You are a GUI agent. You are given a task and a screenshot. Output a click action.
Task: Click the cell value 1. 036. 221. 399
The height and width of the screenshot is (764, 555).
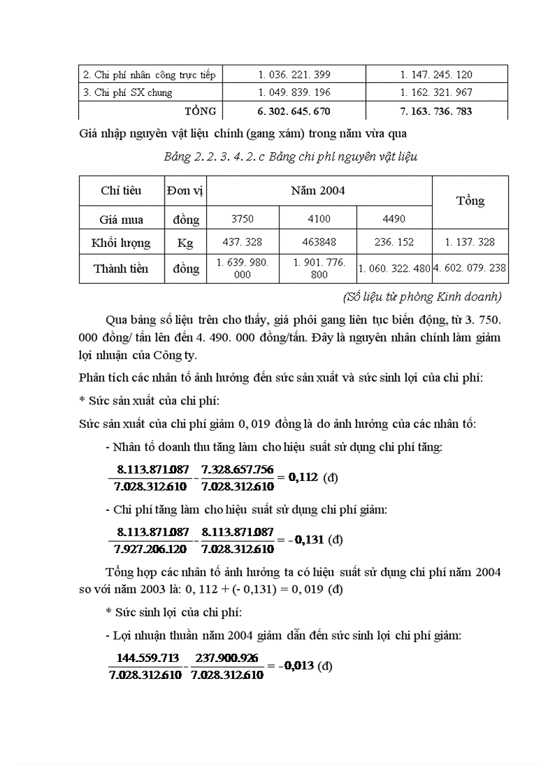pyautogui.click(x=294, y=75)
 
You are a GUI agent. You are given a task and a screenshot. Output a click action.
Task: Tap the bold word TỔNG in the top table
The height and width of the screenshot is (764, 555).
pyautogui.click(x=200, y=111)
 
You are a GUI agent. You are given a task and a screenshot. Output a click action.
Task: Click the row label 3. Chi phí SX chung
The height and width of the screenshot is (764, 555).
pyautogui.click(x=127, y=93)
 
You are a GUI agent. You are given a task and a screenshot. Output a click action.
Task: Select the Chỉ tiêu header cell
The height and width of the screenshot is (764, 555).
pyautogui.click(x=121, y=190)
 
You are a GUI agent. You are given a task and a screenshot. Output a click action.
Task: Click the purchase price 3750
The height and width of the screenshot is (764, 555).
pyautogui.click(x=242, y=219)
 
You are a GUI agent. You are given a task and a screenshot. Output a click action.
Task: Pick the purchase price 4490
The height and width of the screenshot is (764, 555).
pyautogui.click(x=394, y=219)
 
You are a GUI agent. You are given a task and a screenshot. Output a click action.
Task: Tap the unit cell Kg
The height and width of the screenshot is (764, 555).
pyautogui.click(x=185, y=243)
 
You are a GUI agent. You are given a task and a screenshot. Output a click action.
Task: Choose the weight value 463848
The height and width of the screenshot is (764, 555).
pyautogui.click(x=318, y=242)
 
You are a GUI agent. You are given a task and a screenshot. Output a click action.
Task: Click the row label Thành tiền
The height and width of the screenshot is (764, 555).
pyautogui.click(x=121, y=269)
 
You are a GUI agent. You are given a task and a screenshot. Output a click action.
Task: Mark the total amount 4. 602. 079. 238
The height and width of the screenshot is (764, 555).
pyautogui.click(x=470, y=269)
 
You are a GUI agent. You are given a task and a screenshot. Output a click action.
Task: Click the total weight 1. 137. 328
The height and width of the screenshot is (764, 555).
pyautogui.click(x=470, y=242)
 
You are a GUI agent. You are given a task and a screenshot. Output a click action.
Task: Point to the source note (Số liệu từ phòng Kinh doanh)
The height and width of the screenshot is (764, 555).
pyautogui.click(x=422, y=297)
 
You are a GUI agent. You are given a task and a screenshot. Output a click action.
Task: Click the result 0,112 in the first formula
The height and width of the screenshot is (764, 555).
pyautogui.click(x=303, y=477)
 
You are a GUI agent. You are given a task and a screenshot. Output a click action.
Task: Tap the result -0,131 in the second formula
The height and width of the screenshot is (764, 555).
pyautogui.click(x=306, y=539)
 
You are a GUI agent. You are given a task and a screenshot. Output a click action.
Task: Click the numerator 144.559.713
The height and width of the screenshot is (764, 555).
pyautogui.click(x=144, y=659)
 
